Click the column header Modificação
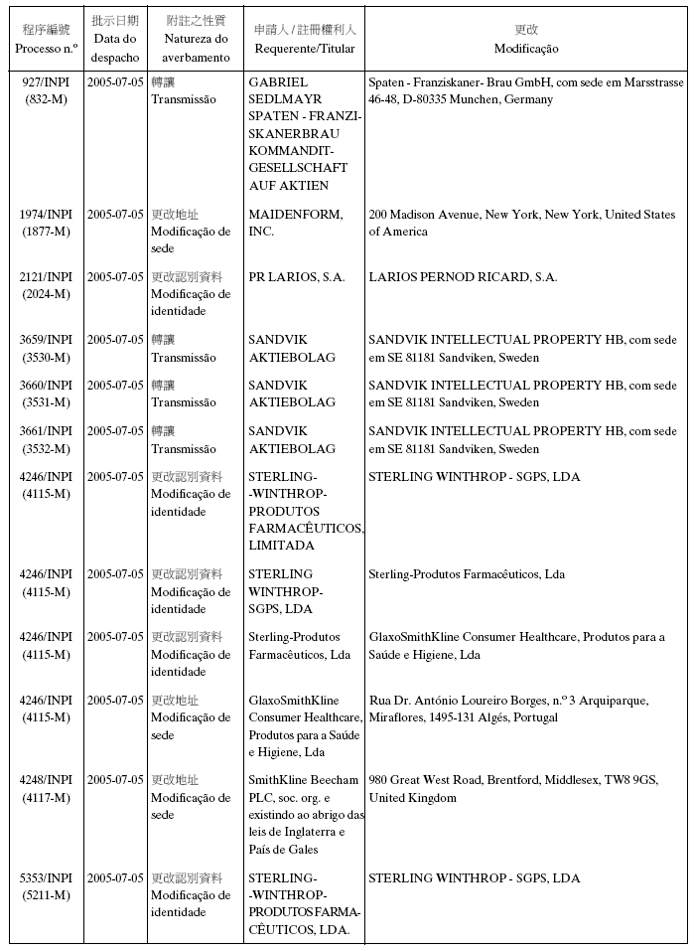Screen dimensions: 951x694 pos(526,49)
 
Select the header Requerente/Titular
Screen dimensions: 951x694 pos(305,49)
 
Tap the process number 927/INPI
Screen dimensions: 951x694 pos(47,81)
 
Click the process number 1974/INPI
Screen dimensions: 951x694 pos(47,215)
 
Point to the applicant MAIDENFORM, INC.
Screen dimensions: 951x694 pos(296,223)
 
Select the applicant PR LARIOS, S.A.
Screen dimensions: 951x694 pos(297,277)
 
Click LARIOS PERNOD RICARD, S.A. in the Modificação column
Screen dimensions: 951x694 pos(463,277)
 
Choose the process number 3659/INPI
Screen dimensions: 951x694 pos(47,340)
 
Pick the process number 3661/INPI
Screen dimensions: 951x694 pos(47,431)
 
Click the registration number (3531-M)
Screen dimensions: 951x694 pos(47,402)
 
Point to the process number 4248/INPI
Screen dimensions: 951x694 pos(47,780)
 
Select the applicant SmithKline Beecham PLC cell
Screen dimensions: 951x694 pos(305,815)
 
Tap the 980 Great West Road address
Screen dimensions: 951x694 pos(513,789)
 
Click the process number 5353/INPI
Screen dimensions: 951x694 pos(47,878)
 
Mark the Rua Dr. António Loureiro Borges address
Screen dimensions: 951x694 pos(508,709)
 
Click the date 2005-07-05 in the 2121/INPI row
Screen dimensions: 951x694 pos(115,277)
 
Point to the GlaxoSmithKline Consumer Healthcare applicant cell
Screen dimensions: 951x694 pos(305,725)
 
